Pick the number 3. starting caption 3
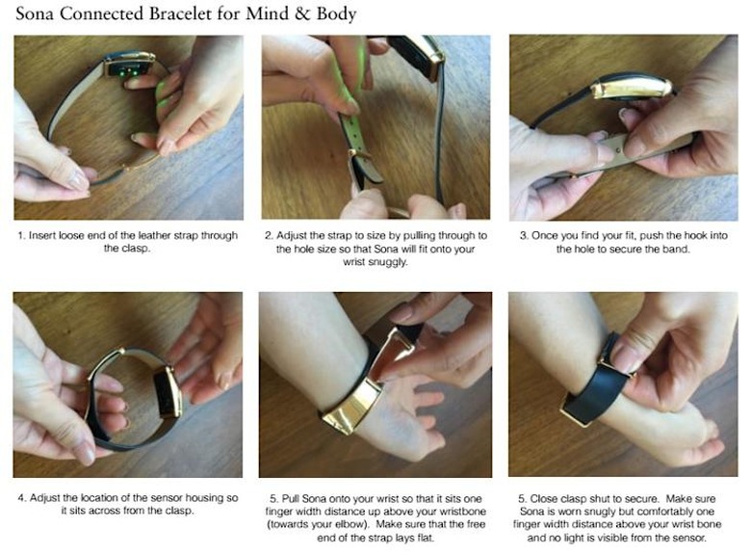pyautogui.click(x=524, y=235)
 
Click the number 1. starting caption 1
pyautogui.click(x=21, y=235)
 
